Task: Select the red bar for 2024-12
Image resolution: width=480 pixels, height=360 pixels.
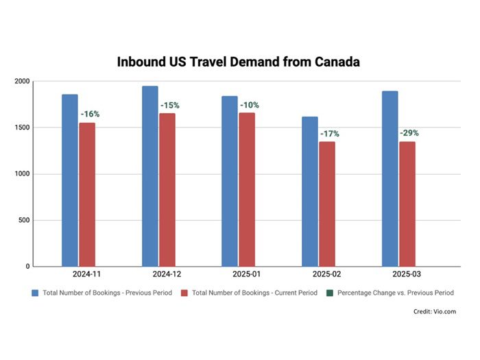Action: click(167, 189)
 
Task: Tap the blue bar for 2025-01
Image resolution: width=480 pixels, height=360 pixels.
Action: click(230, 181)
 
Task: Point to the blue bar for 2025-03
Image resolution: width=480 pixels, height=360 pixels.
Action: click(389, 178)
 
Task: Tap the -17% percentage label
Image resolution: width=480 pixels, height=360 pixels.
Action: click(329, 134)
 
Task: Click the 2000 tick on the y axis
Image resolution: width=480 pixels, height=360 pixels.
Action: click(22, 82)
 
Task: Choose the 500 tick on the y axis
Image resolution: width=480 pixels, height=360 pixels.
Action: click(24, 220)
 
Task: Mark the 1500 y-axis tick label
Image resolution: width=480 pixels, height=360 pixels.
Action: click(22, 128)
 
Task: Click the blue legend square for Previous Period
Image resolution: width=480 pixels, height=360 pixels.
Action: click(35, 293)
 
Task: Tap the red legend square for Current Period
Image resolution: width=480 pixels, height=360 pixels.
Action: click(184, 293)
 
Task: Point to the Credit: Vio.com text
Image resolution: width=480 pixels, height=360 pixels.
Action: click(433, 312)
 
